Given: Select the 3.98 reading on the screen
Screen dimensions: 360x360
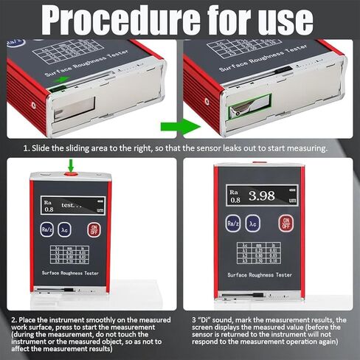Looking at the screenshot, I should pos(267,196).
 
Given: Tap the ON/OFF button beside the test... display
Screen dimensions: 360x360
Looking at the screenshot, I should pos(94,229).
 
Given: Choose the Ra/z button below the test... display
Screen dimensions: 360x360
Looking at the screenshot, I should pos(46,229).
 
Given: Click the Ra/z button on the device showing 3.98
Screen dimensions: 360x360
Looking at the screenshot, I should pos(233,223).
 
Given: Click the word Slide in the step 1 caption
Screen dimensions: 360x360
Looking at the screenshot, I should pos(46,148).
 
